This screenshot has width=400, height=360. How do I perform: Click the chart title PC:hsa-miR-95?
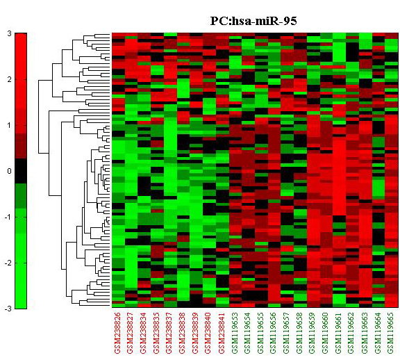(x=253, y=21)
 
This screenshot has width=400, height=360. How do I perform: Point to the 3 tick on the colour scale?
(x=10, y=33)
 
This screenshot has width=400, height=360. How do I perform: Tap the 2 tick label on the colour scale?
(x=10, y=79)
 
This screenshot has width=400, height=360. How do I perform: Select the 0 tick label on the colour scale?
(x=10, y=171)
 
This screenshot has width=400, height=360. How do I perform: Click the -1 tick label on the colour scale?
(x=8, y=217)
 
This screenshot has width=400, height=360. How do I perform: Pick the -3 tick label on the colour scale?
(x=8, y=309)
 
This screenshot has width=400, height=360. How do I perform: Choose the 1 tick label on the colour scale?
(x=10, y=125)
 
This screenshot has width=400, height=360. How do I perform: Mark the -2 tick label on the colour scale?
(x=8, y=263)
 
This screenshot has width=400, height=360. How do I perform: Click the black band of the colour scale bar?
(x=21, y=171)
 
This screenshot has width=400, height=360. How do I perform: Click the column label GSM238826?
(x=118, y=333)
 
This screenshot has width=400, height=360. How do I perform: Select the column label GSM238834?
(x=144, y=333)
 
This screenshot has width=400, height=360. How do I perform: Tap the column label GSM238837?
(x=170, y=333)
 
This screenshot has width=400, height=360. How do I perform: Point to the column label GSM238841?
(x=222, y=333)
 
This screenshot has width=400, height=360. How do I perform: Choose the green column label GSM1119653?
(x=235, y=333)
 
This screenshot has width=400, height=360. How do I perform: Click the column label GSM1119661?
(x=339, y=333)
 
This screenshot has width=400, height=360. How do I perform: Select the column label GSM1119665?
(x=391, y=333)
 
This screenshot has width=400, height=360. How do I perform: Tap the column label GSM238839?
(x=196, y=333)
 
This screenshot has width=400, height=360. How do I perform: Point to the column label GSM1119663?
(x=365, y=333)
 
